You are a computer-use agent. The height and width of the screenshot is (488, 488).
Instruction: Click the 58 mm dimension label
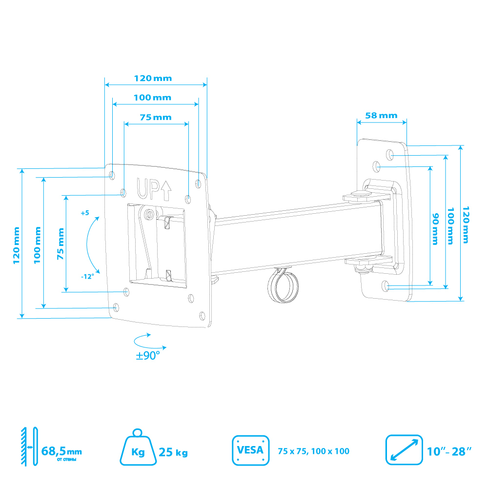(381, 116)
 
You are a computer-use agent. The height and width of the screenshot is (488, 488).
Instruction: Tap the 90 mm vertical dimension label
(435, 229)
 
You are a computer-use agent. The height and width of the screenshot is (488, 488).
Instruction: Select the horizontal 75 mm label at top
(156, 117)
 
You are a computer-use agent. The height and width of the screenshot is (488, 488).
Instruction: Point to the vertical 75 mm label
(61, 244)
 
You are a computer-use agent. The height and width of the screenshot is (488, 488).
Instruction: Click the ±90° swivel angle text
(148, 355)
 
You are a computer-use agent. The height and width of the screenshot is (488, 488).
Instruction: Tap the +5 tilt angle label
(85, 213)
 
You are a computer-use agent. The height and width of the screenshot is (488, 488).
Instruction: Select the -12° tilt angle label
(87, 276)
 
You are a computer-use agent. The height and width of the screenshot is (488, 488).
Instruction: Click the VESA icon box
(250, 450)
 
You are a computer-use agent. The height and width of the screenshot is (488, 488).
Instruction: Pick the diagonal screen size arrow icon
(404, 450)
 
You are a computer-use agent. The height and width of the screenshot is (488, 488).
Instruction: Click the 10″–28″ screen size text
(449, 451)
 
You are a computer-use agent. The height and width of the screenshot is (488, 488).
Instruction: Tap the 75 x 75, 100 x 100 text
(313, 451)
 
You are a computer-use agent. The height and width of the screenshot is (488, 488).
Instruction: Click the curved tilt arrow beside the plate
(87, 245)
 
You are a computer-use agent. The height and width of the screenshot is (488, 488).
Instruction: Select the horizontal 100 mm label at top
(152, 98)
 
